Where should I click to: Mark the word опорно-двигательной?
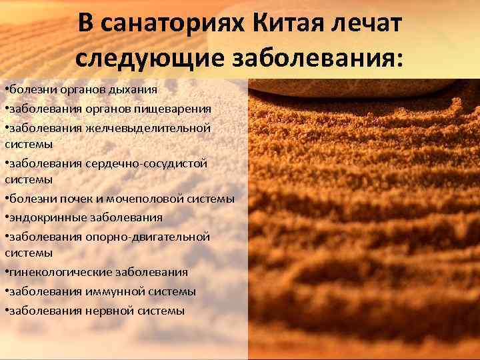coord(147,237)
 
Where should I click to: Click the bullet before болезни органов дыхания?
coord(6,89)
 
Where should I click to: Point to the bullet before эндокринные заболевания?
coord(6,217)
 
